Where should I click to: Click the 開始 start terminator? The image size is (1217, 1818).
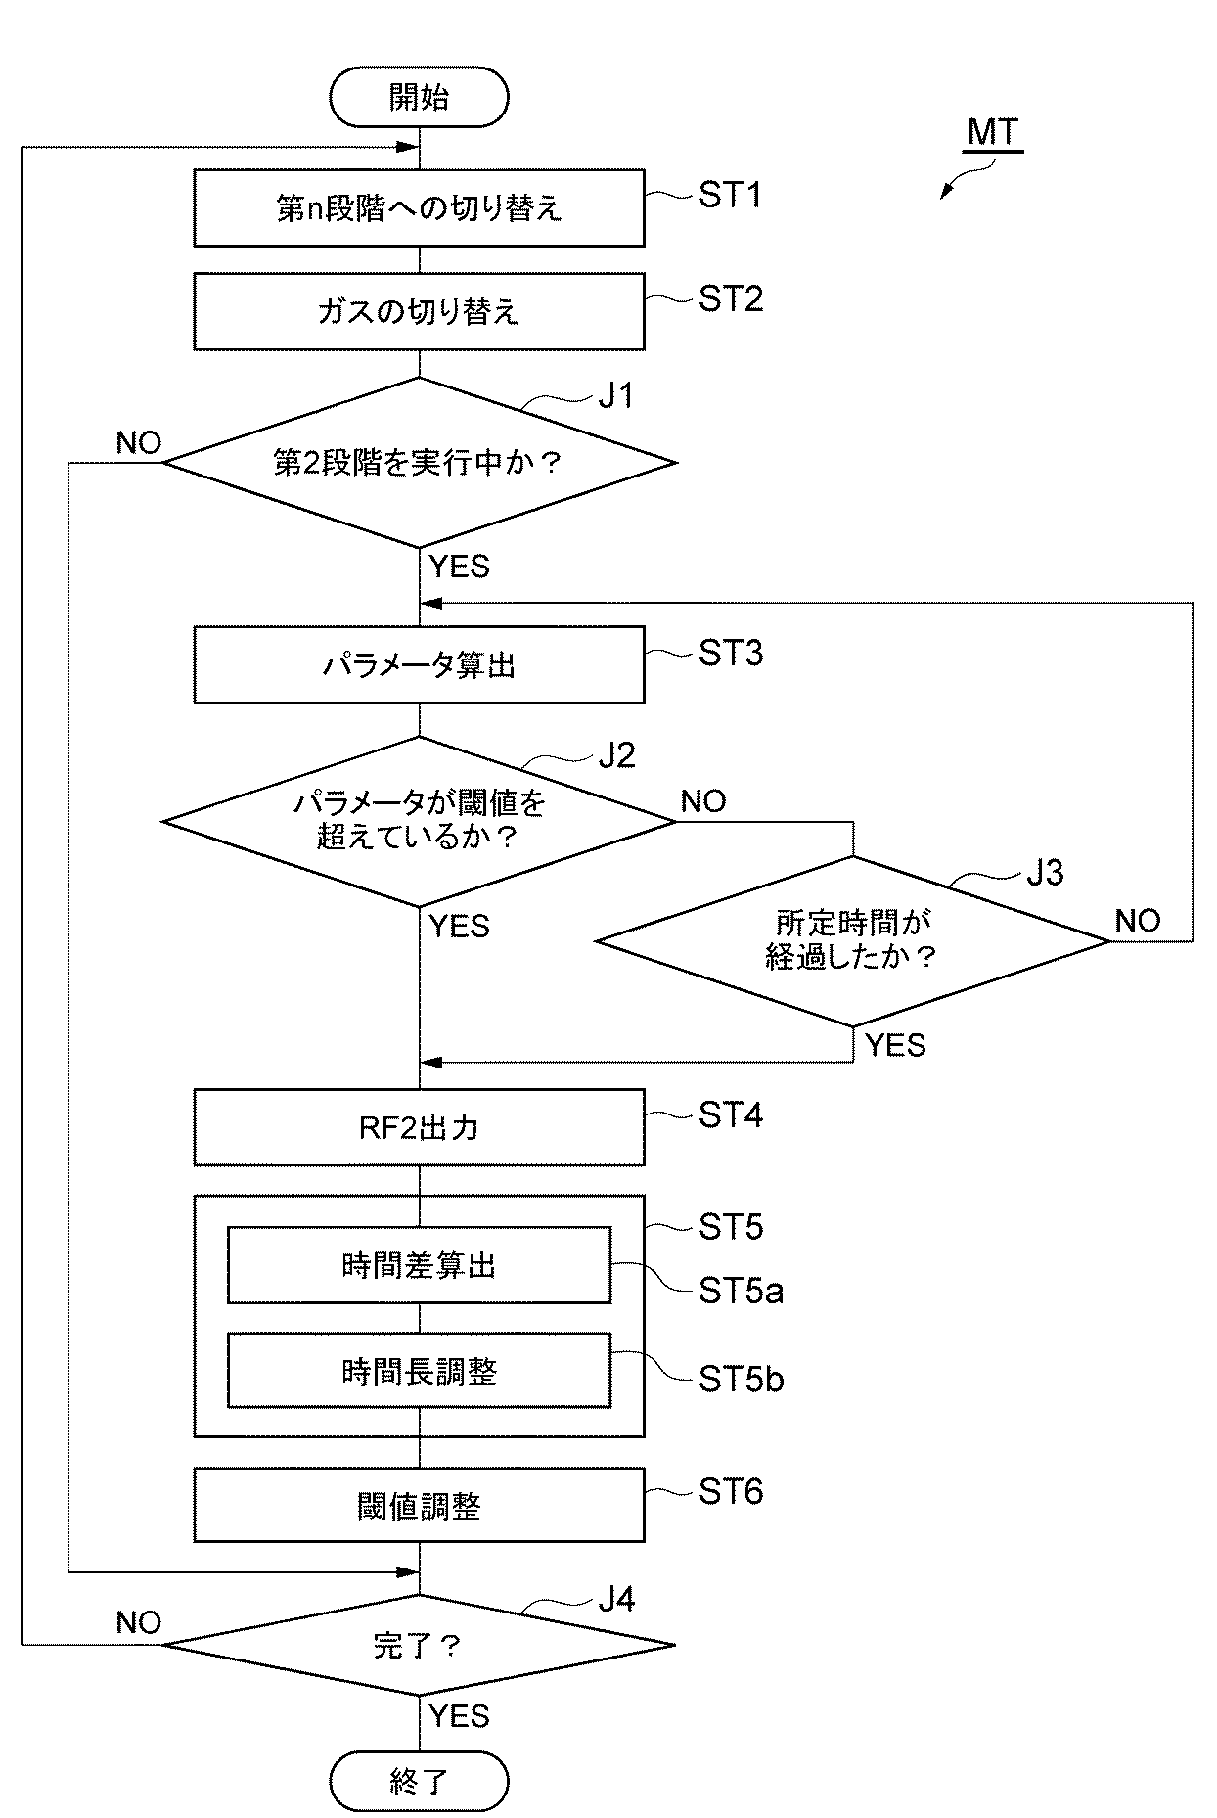click(419, 98)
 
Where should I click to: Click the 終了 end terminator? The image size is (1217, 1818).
click(419, 1781)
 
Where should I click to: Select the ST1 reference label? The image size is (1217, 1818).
click(730, 196)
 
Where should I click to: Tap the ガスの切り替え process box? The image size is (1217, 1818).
click(419, 312)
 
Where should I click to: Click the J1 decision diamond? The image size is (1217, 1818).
click(419, 463)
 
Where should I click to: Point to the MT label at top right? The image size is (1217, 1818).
click(993, 132)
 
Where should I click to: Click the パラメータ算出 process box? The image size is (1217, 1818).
click(419, 665)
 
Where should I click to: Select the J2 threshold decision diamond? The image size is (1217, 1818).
click(419, 821)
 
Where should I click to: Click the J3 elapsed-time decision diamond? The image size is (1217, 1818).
click(852, 940)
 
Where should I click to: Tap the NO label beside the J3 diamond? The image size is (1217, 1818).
click(1138, 921)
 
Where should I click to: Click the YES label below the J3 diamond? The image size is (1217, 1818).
click(895, 1046)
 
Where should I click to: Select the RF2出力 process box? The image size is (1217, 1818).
click(419, 1128)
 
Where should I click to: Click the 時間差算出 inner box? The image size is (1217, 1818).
click(419, 1266)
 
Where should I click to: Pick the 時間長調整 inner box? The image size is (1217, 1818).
click(419, 1371)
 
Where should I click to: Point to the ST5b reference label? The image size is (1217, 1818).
click(741, 1380)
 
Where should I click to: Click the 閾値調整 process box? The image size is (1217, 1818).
click(419, 1506)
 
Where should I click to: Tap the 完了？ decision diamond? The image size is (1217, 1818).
click(419, 1645)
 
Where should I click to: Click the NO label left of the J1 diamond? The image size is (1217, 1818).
click(138, 443)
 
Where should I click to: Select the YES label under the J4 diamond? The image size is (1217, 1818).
click(459, 1715)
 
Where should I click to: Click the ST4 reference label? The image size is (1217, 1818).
click(730, 1115)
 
